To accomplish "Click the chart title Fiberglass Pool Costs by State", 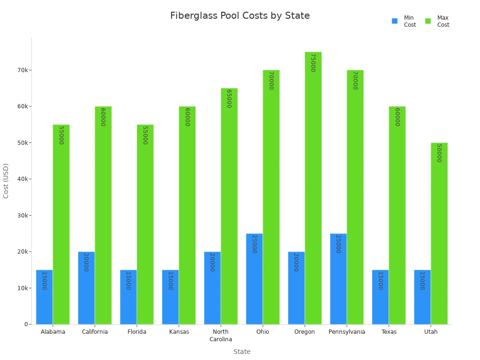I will pyautogui.click(x=240, y=16).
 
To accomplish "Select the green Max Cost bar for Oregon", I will pyautogui.click(x=313, y=188).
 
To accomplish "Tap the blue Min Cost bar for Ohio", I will pyautogui.click(x=254, y=279).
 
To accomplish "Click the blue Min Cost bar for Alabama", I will pyautogui.click(x=44, y=297).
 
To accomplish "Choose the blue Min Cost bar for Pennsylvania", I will pyautogui.click(x=338, y=279).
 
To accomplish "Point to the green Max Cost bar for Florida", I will pyautogui.click(x=145, y=225).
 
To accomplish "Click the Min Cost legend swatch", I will pyautogui.click(x=395, y=21).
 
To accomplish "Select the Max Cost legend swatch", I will pyautogui.click(x=428, y=21).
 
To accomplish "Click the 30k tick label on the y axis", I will pyautogui.click(x=22, y=216).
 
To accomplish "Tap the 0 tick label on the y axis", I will pyautogui.click(x=26, y=324).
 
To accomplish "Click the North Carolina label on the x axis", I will pyautogui.click(x=220, y=336).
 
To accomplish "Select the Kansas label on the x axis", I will pyautogui.click(x=179, y=332).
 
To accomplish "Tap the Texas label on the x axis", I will pyautogui.click(x=389, y=332).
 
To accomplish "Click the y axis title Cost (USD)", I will pyautogui.click(x=6, y=181).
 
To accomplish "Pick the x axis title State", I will pyautogui.click(x=242, y=352).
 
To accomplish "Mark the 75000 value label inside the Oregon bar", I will pyautogui.click(x=313, y=62).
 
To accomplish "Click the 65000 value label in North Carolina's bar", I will pyautogui.click(x=229, y=98).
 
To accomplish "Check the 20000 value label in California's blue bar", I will pyautogui.click(x=86, y=262).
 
